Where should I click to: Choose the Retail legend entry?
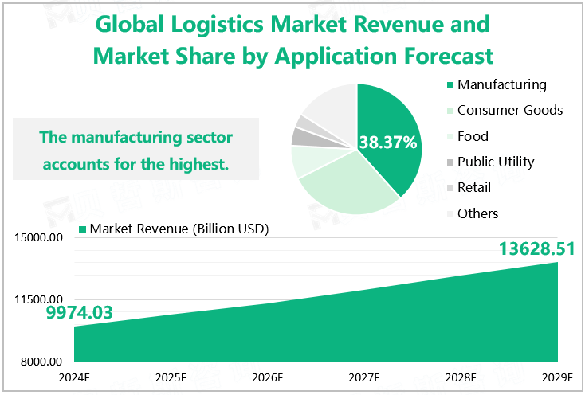[474, 187]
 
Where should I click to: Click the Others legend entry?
[477, 213]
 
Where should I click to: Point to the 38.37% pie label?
[388, 143]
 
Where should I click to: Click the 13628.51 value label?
[536, 249]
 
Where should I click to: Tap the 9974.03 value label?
[80, 313]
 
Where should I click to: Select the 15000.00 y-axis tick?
[41, 237]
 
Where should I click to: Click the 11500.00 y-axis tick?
[41, 299]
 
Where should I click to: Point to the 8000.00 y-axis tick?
[44, 362]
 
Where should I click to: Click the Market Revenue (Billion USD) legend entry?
[179, 229]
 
